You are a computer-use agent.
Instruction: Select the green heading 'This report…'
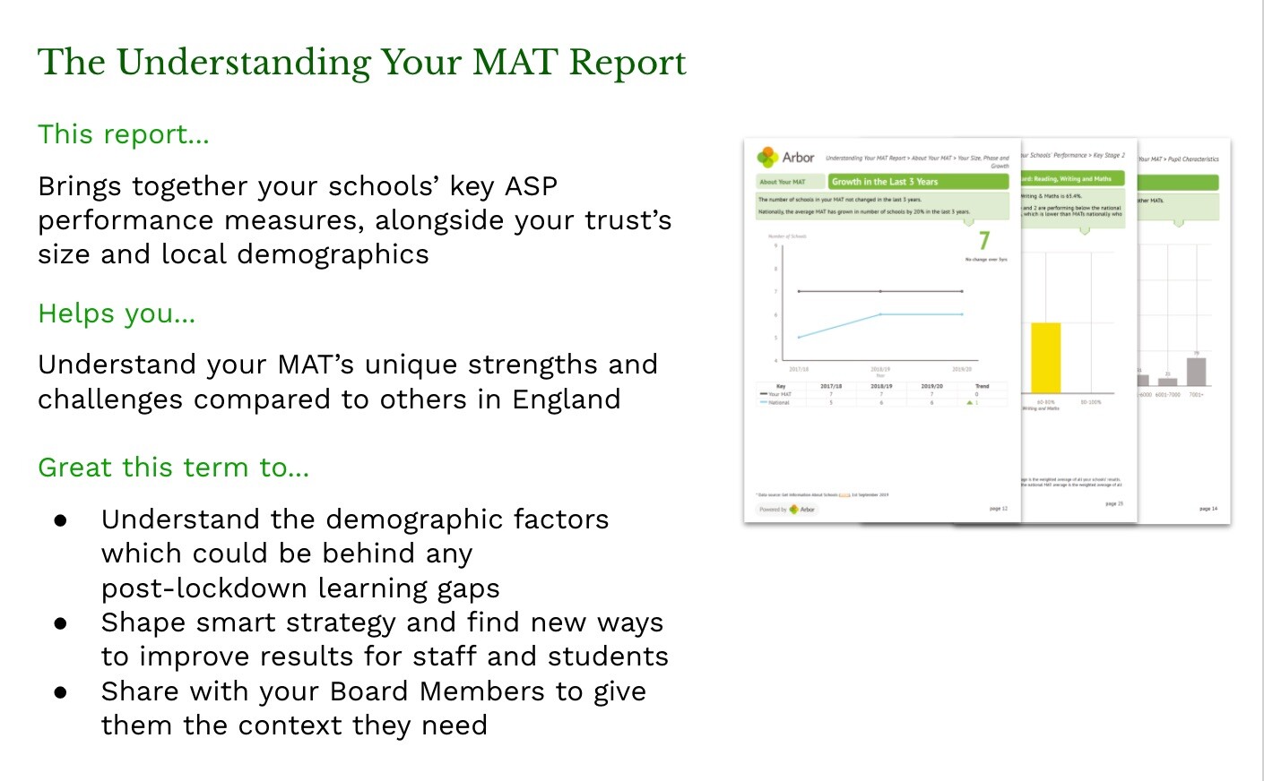click(x=123, y=134)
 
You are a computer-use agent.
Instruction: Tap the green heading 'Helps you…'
click(x=117, y=313)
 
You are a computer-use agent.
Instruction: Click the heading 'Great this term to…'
click(x=173, y=468)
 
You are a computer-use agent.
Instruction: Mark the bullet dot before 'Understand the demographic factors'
click(x=61, y=520)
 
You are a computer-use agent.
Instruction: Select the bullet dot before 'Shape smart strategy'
click(x=61, y=623)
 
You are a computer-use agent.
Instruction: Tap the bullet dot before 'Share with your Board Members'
click(x=61, y=692)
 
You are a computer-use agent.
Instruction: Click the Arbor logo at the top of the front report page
click(x=786, y=158)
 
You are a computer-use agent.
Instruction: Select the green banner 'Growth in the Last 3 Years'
click(x=918, y=182)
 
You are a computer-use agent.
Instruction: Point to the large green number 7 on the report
click(x=984, y=241)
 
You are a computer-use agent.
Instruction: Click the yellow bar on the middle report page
click(x=1045, y=357)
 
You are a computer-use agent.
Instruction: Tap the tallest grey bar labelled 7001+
click(x=1196, y=372)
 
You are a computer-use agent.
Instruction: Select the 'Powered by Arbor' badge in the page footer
click(x=787, y=509)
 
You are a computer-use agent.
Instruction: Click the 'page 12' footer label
click(x=998, y=509)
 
